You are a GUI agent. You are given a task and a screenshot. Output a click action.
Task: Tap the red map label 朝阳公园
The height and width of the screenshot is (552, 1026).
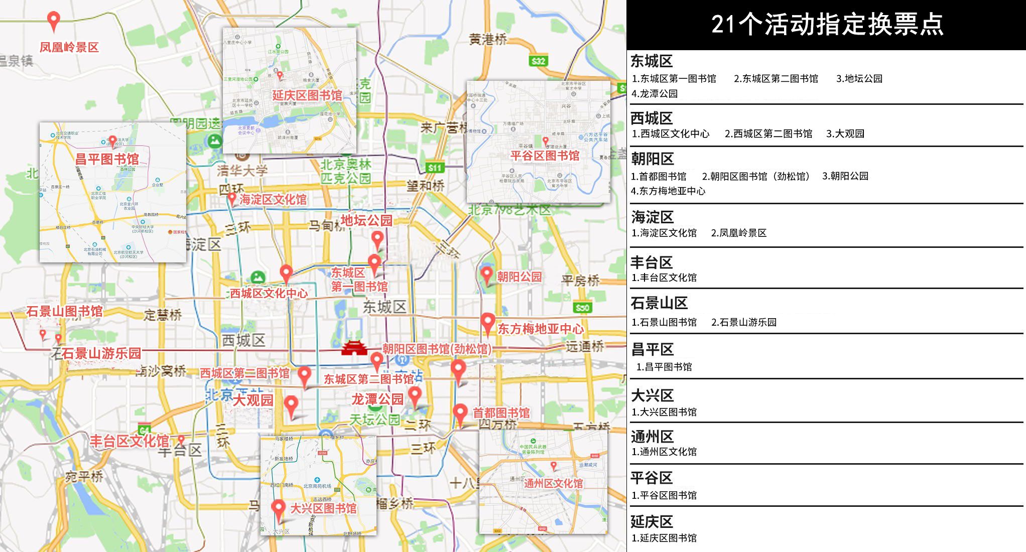pos(519,277)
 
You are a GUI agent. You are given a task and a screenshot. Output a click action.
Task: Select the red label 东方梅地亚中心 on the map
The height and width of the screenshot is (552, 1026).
pos(540,329)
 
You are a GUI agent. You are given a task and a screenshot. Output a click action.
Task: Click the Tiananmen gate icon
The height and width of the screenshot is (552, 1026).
pos(354,348)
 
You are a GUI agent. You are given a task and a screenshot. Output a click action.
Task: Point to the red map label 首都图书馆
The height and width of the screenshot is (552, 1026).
pos(501,412)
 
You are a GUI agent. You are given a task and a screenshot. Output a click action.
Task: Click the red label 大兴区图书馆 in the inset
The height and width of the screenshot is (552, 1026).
pos(323,508)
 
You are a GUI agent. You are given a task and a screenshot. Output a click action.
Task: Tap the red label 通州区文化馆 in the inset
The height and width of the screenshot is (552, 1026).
pos(553,483)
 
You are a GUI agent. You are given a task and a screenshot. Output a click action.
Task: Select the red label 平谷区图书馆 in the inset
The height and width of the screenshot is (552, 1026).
pos(545,156)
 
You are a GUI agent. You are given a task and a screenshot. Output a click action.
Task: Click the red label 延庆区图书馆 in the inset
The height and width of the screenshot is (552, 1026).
pos(307,95)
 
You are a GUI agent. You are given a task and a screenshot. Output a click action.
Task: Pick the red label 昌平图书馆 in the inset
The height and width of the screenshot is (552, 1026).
pos(106,159)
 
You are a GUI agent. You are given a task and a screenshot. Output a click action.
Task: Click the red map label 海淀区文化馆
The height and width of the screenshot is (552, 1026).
pos(273,199)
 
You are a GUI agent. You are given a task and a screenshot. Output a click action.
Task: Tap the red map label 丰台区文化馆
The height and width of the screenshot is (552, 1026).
pos(129,441)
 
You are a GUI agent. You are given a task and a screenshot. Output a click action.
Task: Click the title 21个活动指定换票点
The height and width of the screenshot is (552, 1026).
pos(827,24)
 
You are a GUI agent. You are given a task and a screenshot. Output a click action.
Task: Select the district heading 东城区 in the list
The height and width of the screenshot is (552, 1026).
pos(652,61)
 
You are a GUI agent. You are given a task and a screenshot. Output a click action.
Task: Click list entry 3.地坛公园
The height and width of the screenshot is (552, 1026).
pos(859,78)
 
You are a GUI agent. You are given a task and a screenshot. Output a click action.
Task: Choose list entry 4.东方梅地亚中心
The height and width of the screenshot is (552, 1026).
pos(668,191)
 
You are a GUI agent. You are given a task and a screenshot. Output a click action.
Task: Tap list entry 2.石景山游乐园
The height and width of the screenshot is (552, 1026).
pos(743,322)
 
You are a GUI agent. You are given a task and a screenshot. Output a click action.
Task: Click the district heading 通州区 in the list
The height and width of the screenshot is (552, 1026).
pos(652,436)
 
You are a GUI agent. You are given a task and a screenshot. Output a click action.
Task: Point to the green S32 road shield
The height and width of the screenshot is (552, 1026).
pos(538,61)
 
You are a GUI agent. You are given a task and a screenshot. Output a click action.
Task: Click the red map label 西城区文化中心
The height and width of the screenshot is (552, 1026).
pos(269,293)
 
